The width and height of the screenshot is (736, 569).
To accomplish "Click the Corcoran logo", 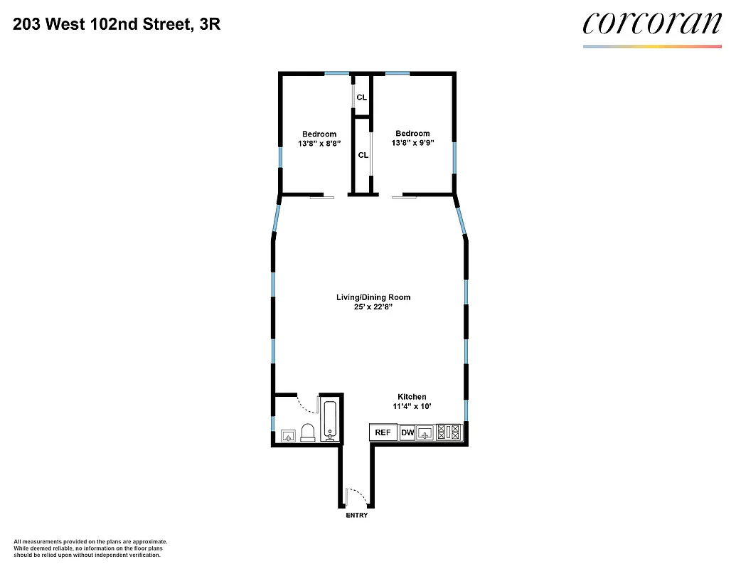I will point(651,24).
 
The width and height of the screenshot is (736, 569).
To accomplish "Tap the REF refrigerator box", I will point(383,432).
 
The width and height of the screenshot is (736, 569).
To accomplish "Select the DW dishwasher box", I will point(407,432).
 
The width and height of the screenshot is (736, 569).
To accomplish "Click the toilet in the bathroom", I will point(308,432).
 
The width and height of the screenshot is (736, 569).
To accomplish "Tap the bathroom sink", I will point(289,435).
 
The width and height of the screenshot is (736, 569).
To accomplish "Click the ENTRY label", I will point(357,515).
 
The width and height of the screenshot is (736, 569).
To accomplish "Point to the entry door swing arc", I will point(355,496).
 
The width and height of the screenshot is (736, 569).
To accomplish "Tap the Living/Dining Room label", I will point(373,297).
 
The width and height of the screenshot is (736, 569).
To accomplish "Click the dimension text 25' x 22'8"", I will point(373,307).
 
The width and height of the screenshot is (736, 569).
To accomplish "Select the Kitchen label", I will point(412,397).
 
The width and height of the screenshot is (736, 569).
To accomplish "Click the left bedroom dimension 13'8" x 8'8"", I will point(319,143).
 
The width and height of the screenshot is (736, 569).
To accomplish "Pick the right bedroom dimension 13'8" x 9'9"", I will point(412,142).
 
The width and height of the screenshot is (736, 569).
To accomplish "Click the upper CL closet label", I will point(362,97).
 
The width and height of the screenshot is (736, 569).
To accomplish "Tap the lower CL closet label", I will point(363,155).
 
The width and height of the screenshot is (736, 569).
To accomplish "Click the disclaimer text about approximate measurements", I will point(90,548).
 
